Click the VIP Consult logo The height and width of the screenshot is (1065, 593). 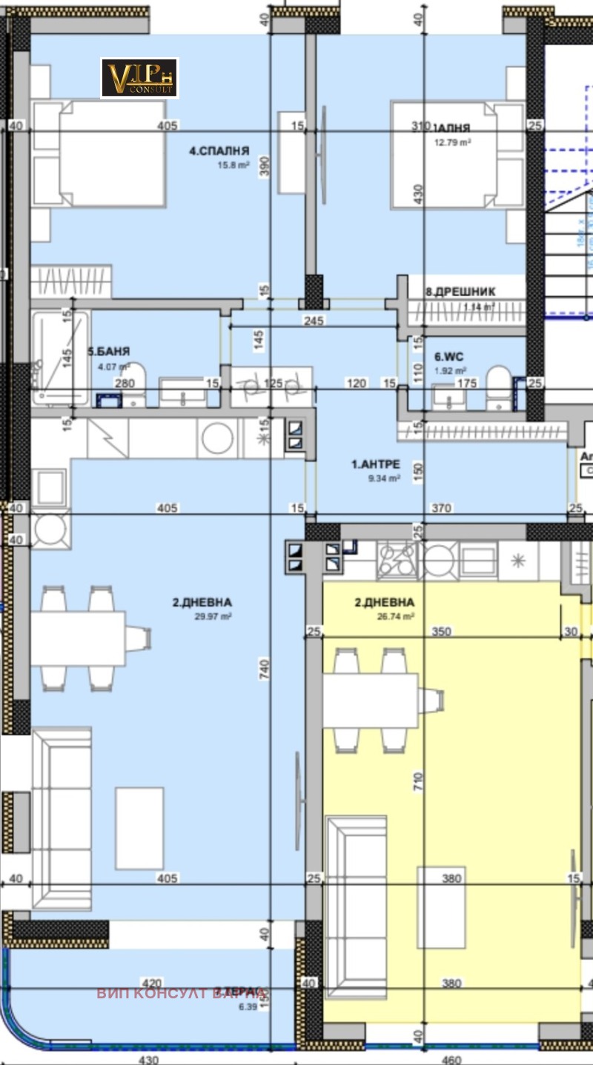(139, 78)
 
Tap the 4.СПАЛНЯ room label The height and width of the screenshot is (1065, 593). (219, 150)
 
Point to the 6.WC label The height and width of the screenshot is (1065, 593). (449, 357)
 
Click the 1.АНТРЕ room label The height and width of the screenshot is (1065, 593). (376, 464)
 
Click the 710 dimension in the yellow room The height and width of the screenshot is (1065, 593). (420, 779)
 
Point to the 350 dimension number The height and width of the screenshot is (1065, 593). (443, 632)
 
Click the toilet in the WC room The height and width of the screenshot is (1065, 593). (498, 385)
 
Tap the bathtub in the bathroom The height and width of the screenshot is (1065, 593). (59, 357)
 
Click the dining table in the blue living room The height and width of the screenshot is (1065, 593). (78, 637)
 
